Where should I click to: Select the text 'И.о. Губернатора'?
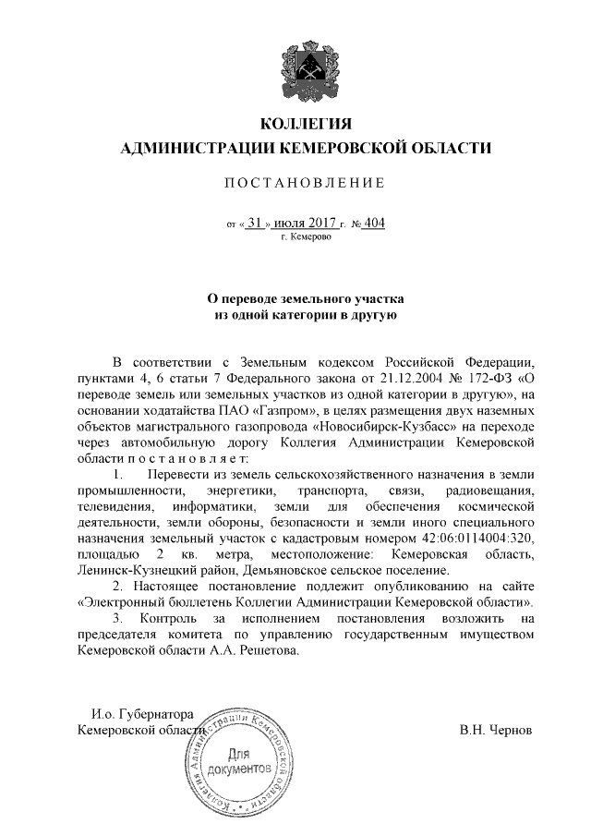tap(140, 713)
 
